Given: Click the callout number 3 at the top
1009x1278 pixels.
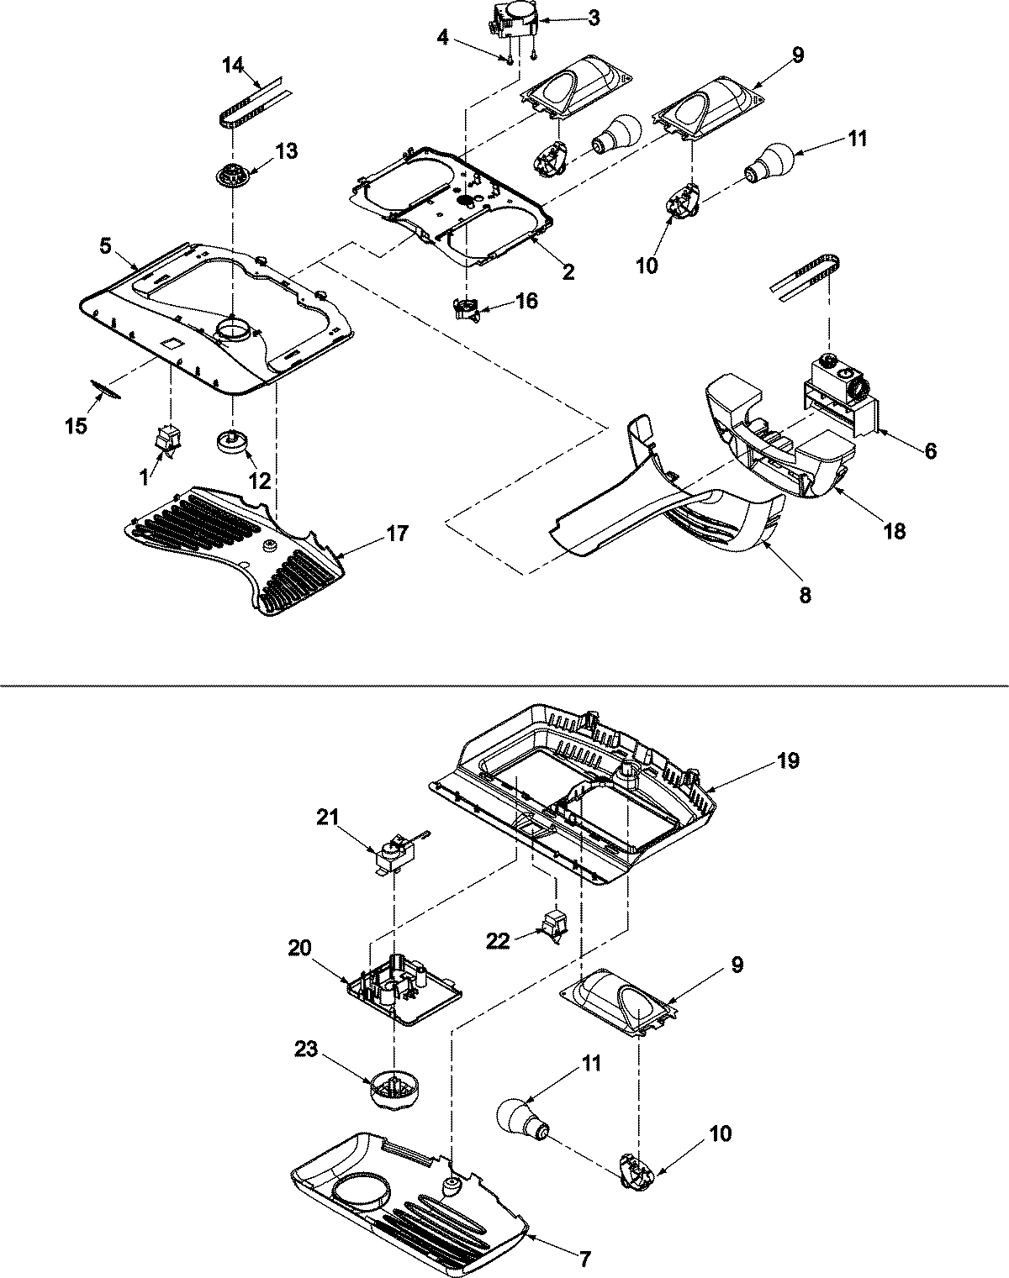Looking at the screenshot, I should (594, 18).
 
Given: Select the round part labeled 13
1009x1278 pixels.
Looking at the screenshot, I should (229, 177).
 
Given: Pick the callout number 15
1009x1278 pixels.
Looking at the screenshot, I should (75, 426).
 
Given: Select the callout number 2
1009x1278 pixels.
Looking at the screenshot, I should (568, 271).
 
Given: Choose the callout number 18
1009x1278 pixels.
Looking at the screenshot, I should (895, 531).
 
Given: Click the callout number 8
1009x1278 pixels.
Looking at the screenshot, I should (805, 595).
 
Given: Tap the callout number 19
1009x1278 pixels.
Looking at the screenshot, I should (788, 760).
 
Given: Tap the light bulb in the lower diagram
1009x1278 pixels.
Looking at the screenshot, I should (522, 1119).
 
